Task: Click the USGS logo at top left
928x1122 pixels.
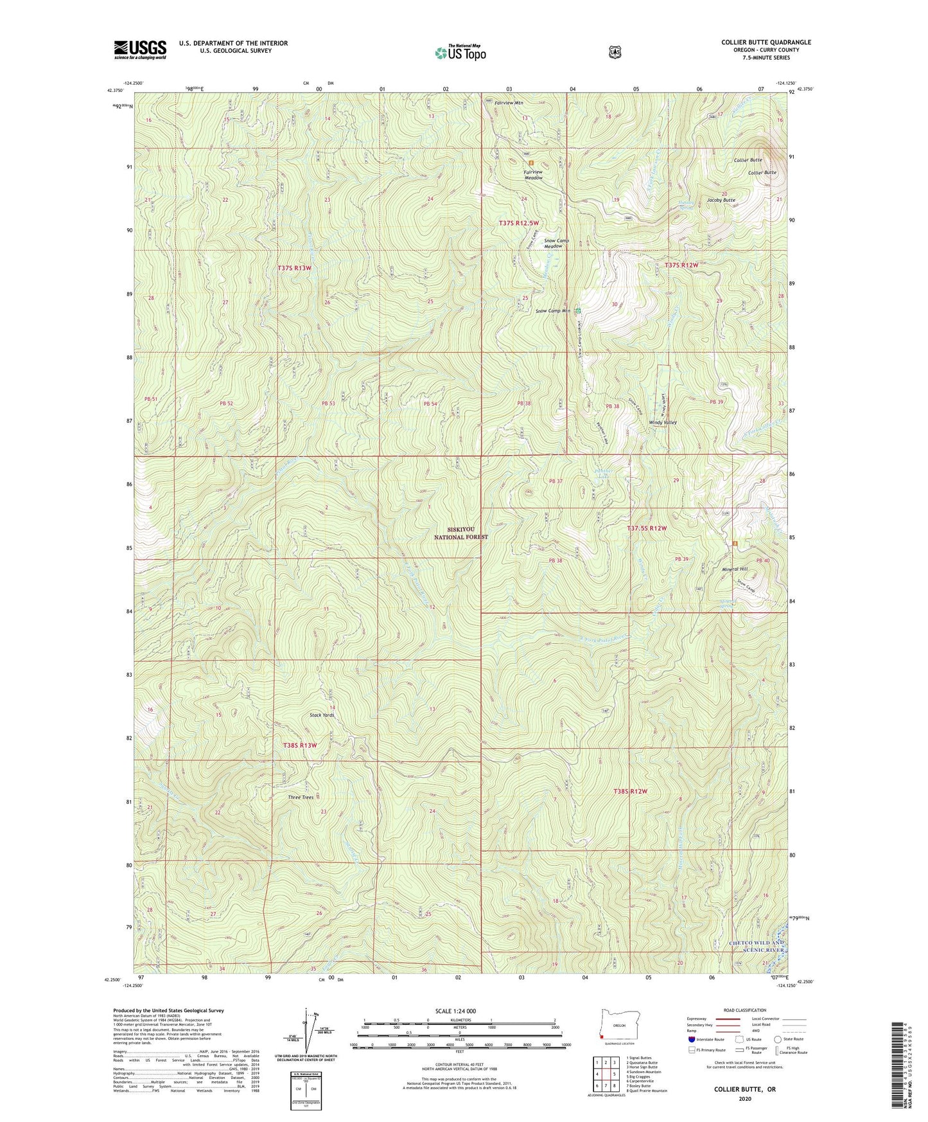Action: [140, 49]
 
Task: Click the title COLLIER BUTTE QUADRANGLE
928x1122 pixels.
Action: [766, 42]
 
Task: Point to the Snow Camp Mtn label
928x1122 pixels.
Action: [553, 311]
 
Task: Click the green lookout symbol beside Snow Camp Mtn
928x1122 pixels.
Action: [578, 311]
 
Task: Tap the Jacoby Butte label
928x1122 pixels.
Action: [721, 200]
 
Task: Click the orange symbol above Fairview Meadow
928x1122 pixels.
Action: [530, 163]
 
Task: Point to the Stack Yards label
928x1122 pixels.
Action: [322, 715]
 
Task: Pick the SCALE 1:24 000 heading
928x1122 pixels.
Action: [455, 1011]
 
